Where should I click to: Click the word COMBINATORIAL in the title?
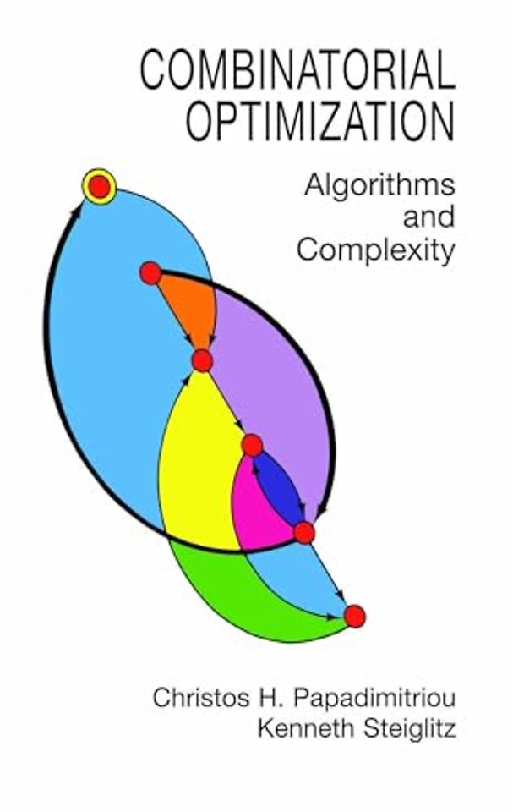297,70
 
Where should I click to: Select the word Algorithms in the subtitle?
380,186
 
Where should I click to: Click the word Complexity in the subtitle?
376,251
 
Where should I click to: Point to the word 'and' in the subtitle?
429,217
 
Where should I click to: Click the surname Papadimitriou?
374,698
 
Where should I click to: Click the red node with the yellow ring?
100,186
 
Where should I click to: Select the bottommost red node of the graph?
355,617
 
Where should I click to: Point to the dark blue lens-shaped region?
279,487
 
